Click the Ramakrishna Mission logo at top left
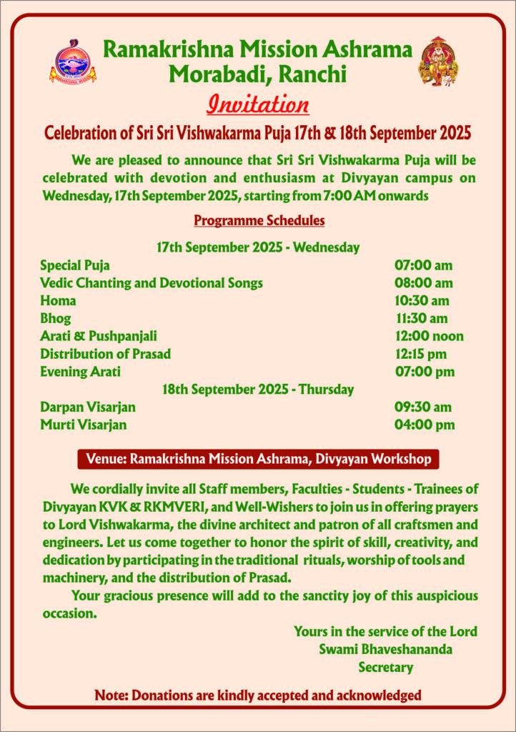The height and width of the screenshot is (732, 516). pos(72,61)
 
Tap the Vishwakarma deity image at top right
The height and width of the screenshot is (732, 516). pos(438,61)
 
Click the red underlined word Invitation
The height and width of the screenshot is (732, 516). pos(257,104)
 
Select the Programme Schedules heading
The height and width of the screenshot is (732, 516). pos(259,220)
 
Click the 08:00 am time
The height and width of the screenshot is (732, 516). pos(424,283)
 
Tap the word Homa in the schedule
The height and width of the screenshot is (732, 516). pos(58,301)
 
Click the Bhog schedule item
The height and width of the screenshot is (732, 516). pos(56,319)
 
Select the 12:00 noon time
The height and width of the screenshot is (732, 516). pos(429,336)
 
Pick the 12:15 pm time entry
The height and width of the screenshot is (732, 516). pos(421,354)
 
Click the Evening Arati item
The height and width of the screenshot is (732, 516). pos(80,372)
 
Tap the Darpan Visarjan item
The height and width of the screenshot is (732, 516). pos(88,407)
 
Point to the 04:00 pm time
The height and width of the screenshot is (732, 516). pos(425,425)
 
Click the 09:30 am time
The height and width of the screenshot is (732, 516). pos(423,407)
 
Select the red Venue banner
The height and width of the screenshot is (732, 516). pos(258,458)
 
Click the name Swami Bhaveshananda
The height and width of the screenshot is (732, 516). pos(385,649)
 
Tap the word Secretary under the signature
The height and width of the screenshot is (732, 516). pos(386,668)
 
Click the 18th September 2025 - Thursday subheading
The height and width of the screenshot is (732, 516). pos(258,390)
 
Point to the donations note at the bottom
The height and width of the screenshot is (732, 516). pos(258,695)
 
